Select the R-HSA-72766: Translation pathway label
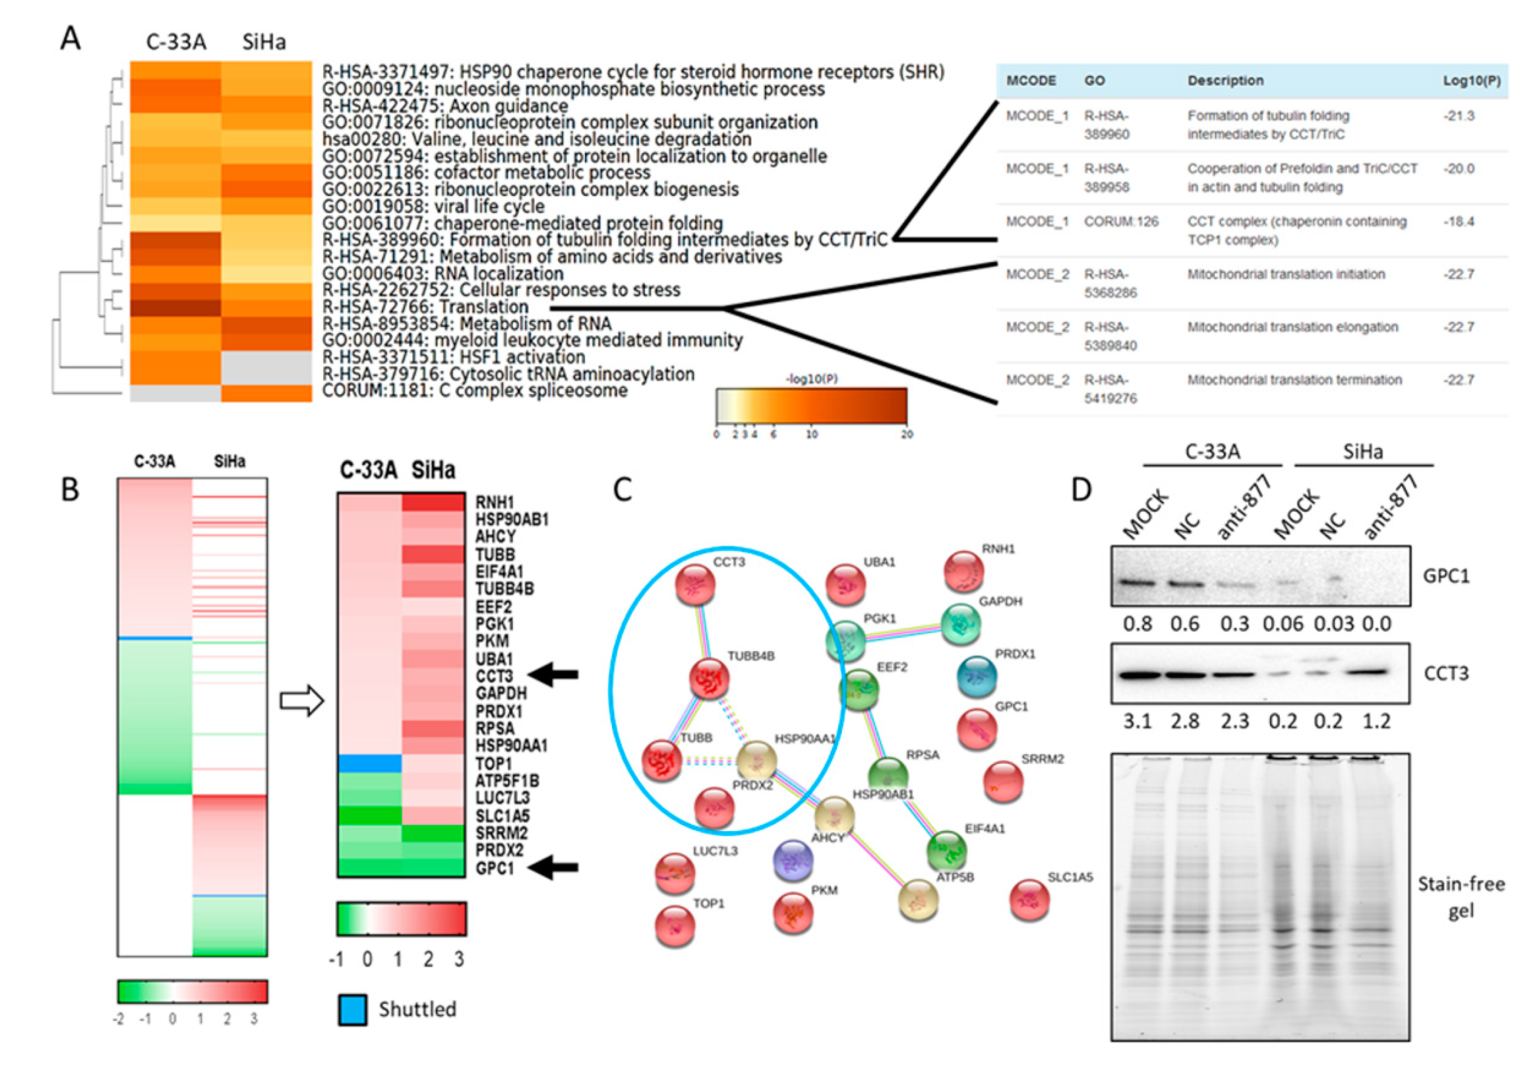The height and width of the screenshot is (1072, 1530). (425, 307)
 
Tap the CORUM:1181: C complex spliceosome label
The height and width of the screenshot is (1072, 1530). (474, 391)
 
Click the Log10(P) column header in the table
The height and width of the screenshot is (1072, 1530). (1471, 81)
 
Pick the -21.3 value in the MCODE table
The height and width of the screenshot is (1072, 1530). (1459, 116)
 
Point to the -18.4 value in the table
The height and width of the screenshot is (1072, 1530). (1459, 221)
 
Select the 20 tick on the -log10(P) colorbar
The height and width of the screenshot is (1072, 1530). (907, 434)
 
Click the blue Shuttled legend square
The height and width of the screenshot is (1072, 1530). (352, 1009)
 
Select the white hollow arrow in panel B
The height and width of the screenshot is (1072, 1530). (302, 701)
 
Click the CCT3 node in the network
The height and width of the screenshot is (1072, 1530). (696, 584)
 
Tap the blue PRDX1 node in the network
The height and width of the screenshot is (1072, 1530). (977, 675)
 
